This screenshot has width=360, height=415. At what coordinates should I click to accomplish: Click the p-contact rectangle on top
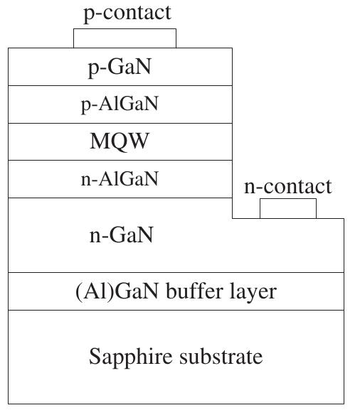click(x=125, y=38)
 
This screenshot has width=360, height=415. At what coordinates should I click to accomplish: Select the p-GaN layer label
click(x=120, y=68)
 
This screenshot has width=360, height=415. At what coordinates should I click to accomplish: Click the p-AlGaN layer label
click(x=120, y=104)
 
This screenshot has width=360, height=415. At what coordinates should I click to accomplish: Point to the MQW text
click(x=120, y=141)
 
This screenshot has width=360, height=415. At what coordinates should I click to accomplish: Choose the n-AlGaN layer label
click(x=120, y=179)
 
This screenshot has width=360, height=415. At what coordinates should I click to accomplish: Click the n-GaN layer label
click(x=120, y=235)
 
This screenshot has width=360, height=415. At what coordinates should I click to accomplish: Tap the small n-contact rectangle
click(x=287, y=209)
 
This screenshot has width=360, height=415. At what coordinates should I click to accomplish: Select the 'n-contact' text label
click(x=287, y=186)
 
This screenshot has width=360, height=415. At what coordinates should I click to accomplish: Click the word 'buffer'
click(x=195, y=291)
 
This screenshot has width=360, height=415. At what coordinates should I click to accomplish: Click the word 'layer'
click(x=253, y=292)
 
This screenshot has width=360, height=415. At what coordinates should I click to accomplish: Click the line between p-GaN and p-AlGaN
click(x=120, y=86)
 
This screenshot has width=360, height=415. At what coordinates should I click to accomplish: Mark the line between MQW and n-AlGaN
click(x=120, y=161)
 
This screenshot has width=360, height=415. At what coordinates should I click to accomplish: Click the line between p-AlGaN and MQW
click(x=120, y=123)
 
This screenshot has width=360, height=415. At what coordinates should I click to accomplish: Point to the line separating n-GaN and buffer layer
click(x=176, y=273)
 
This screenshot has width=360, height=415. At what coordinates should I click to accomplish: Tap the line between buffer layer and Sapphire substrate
click(x=176, y=310)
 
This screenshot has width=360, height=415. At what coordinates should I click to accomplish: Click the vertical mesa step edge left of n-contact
click(x=233, y=208)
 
